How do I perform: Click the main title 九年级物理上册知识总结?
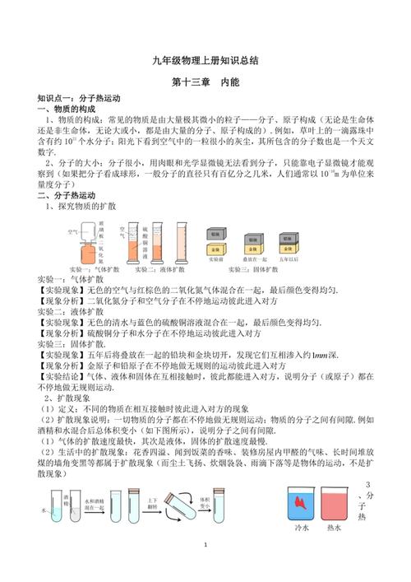[x=205, y=61]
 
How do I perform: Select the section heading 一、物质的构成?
[x=51, y=109]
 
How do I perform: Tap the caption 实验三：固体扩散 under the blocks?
[x=252, y=269]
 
